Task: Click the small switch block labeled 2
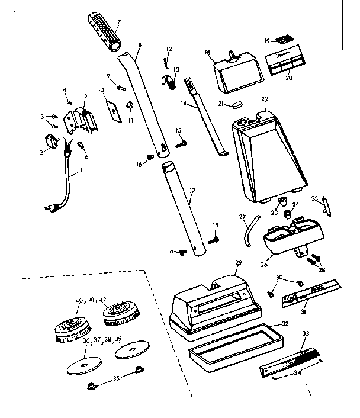pyautogui.click(x=50, y=142)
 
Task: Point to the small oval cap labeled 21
pyautogui.click(x=238, y=104)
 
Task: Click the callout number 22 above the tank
pyautogui.click(x=265, y=99)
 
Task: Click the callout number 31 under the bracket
pyautogui.click(x=304, y=312)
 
